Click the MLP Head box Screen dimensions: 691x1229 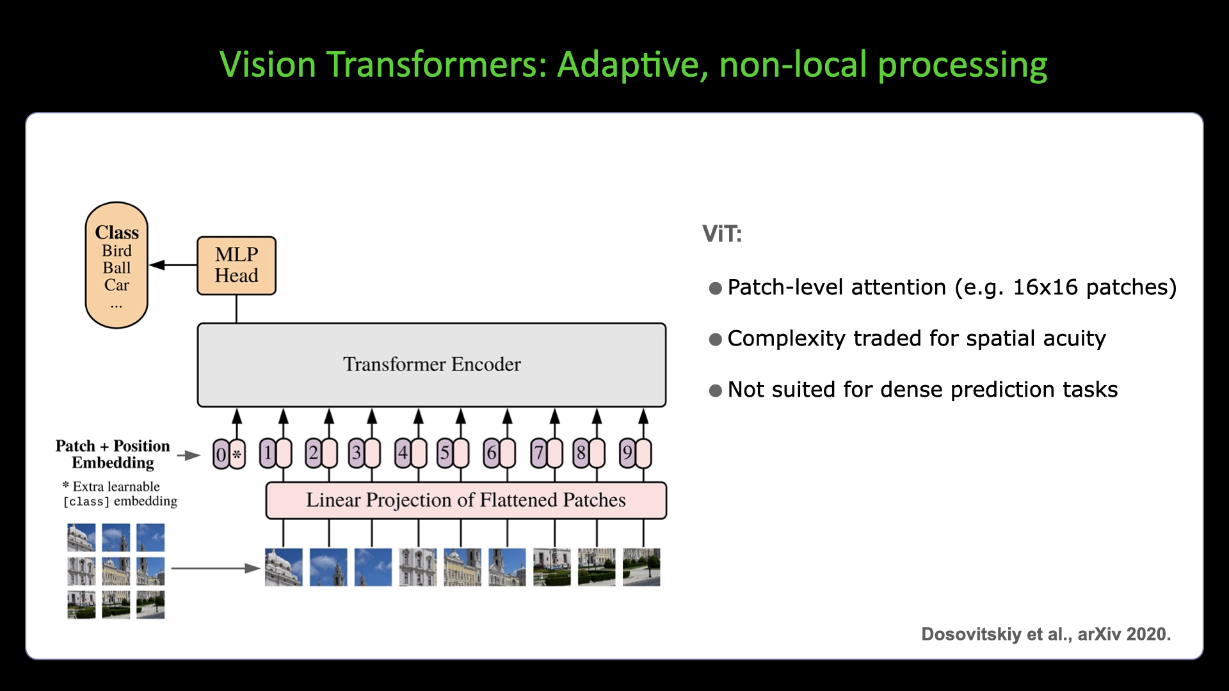tap(236, 266)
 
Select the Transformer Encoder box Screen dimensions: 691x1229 tap(431, 365)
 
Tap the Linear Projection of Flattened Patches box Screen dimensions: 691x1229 tap(465, 500)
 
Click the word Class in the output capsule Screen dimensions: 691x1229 tap(116, 232)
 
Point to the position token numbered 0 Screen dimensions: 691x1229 tap(221, 454)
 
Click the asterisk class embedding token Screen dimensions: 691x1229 tap(237, 454)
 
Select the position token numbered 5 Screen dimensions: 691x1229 tap(445, 454)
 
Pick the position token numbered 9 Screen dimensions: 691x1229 tap(627, 454)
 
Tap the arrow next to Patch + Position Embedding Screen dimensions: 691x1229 tap(189, 455)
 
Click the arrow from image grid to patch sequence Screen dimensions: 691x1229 tap(215, 568)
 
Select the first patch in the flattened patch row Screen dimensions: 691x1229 tap(284, 567)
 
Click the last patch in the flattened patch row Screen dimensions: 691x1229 tap(641, 567)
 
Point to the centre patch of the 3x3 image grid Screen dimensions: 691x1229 tap(116, 571)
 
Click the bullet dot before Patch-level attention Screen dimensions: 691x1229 tap(715, 289)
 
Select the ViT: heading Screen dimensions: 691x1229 tap(721, 234)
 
